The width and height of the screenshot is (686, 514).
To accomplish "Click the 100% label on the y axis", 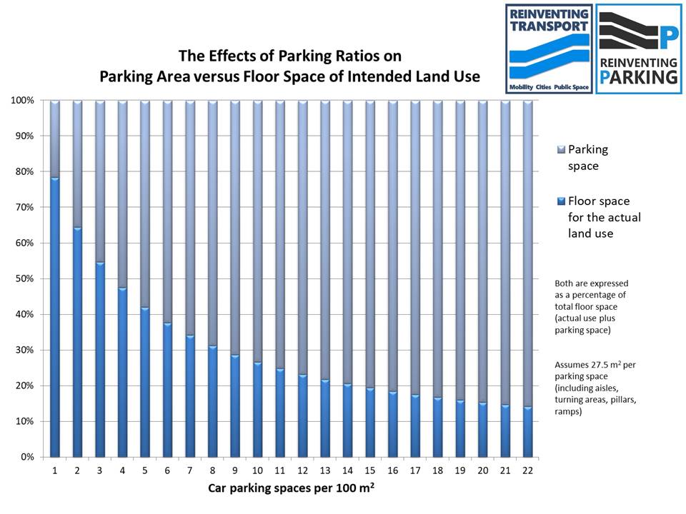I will (x=21, y=101).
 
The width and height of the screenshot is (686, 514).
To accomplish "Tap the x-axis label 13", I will (x=325, y=470).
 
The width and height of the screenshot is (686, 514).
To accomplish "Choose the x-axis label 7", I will (x=190, y=470).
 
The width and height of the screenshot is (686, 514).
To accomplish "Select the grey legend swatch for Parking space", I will (x=560, y=149).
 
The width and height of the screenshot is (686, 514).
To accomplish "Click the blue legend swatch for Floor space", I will (x=560, y=201).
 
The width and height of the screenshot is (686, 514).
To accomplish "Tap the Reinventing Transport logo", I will (x=549, y=49).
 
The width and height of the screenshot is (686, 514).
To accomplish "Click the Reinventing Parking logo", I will (x=638, y=49).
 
